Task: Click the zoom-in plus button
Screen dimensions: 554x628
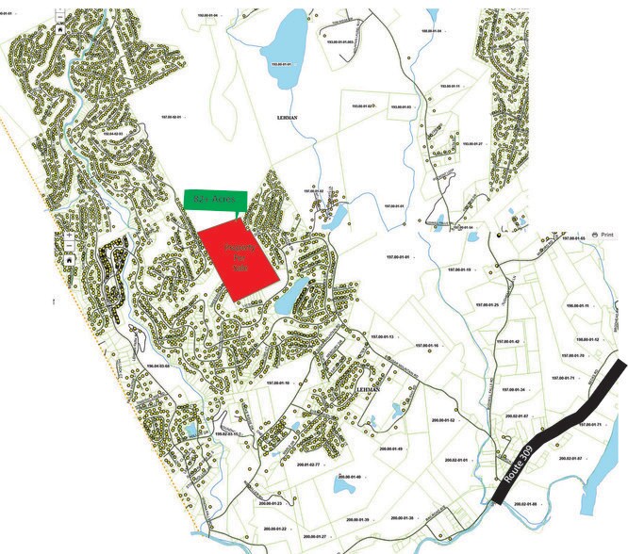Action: pos(69,235)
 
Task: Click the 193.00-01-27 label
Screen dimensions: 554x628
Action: pos(468,144)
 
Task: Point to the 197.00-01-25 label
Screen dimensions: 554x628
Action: pos(488,305)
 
